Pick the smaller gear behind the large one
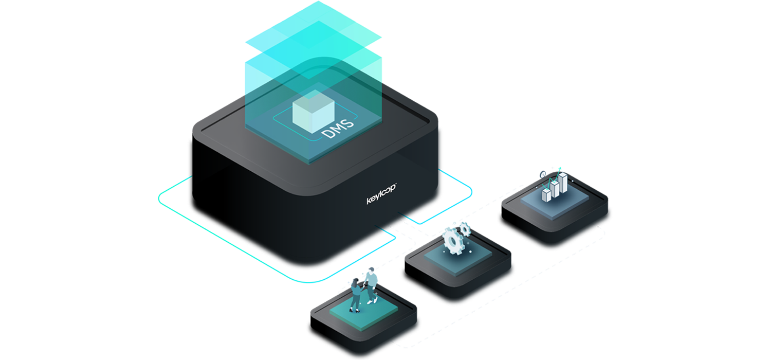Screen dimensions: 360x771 [x=466, y=227]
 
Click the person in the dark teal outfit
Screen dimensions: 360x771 [x=356, y=293]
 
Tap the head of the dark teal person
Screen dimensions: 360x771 [x=354, y=278]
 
